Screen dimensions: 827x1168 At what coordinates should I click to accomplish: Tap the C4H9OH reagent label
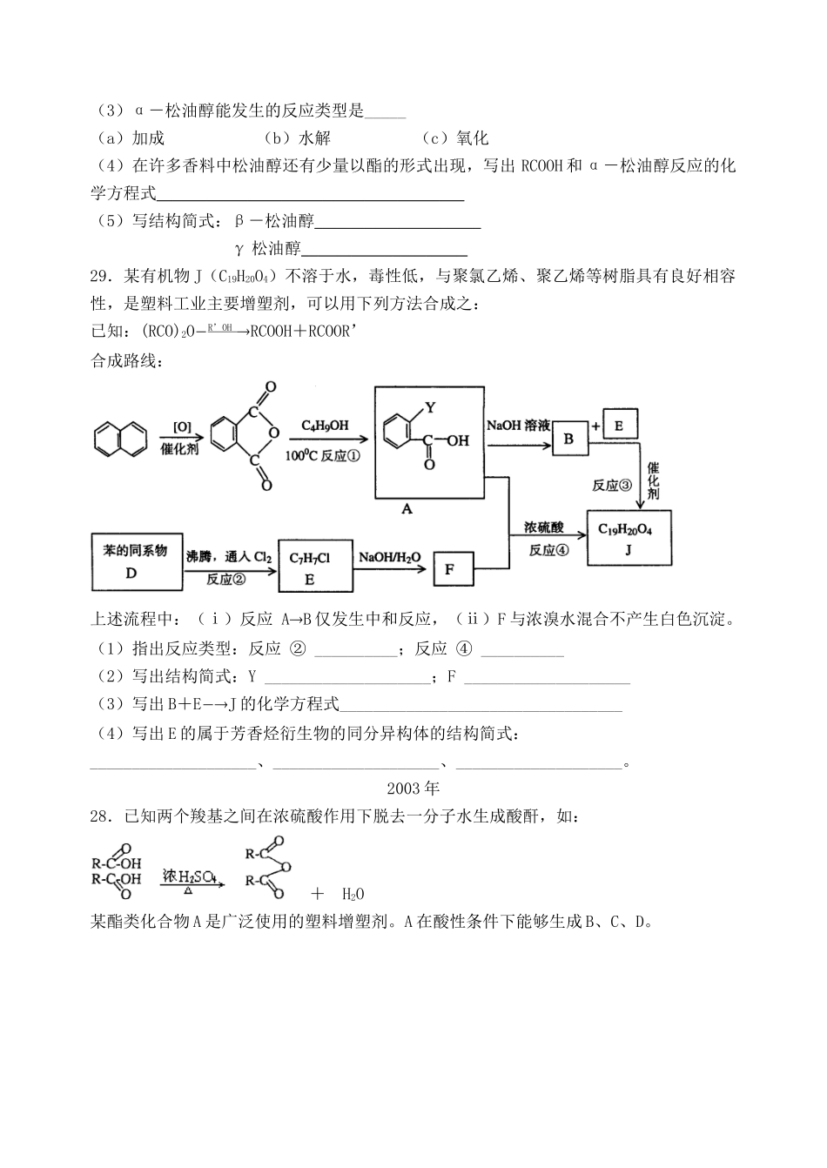coord(325,425)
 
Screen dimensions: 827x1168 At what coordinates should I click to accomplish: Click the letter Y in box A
coord(429,407)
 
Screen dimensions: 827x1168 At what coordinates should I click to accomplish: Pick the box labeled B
coord(568,439)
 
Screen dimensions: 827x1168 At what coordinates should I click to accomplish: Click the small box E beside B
coord(620,425)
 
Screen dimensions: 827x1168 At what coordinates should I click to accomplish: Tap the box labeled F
coord(450,570)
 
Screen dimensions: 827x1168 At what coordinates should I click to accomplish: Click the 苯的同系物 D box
coord(132,561)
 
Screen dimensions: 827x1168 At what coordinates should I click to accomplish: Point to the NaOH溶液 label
coord(518,425)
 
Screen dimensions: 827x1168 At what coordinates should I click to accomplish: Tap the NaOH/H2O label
coord(389,556)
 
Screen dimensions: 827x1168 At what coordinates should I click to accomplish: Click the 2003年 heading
coord(413,789)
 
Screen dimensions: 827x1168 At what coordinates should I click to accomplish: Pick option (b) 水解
coord(297,138)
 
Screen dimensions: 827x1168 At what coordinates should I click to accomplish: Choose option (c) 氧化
coord(455,138)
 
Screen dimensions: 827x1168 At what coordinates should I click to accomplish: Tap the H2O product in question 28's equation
coord(352,894)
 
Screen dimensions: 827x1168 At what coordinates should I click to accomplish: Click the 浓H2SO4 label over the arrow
coord(190,875)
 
